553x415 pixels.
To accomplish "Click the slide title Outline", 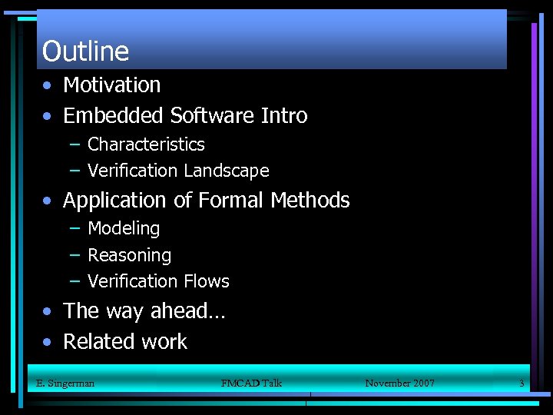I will (85, 51).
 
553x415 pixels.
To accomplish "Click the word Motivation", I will (112, 85).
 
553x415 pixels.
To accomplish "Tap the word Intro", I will (284, 116).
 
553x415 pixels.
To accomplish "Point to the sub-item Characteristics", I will (146, 144).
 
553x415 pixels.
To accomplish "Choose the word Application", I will (115, 201).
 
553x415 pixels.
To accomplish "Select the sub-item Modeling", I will (124, 229).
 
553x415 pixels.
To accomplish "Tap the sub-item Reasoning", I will (129, 255).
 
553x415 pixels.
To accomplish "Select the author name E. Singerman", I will (65, 383).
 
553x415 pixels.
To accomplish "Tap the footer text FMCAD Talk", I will (251, 383).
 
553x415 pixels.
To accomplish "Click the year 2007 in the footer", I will (422, 383).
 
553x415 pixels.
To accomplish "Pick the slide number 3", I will (522, 383).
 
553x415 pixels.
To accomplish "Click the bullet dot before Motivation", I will (48, 86).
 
